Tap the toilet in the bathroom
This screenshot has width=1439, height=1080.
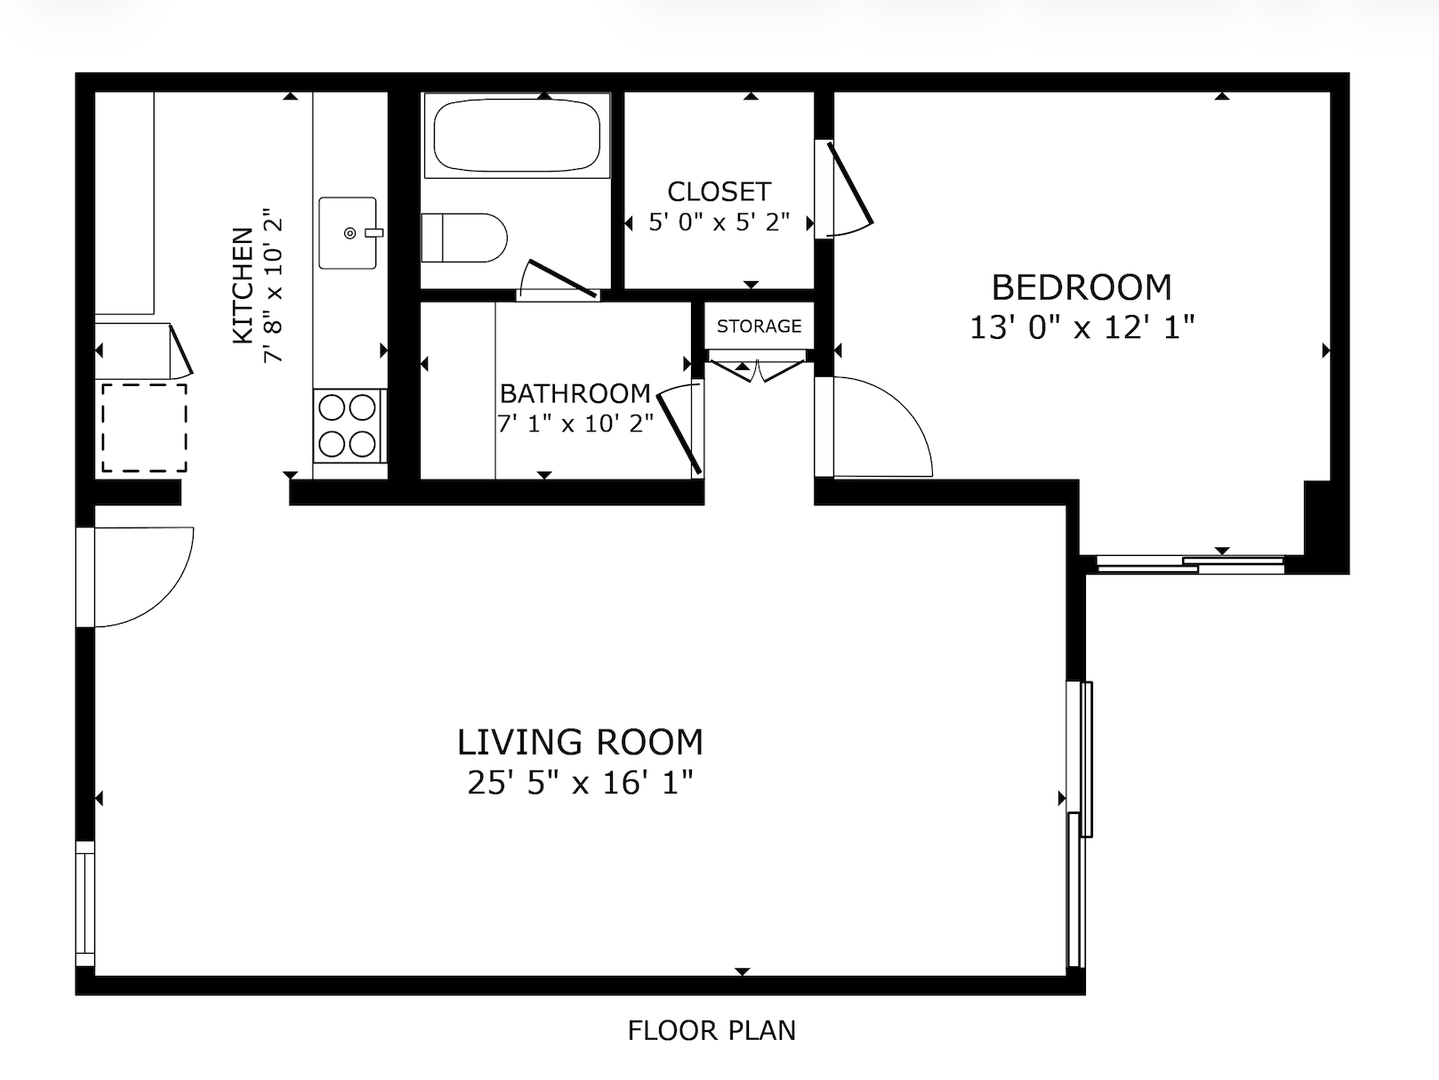pos(464,237)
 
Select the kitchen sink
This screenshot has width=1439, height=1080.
pos(349,233)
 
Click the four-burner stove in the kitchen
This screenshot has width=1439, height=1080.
pos(349,426)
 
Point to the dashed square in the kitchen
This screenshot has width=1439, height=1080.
pos(144,428)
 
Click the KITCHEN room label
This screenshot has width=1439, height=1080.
pos(243,285)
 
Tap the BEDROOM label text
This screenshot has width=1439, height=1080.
pos(1081,287)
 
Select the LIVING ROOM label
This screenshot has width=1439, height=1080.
pos(580,742)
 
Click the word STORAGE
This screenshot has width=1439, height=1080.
pos(759,326)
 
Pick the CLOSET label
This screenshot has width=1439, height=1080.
pos(719,191)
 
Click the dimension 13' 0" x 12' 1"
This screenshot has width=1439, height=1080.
pos(1082,327)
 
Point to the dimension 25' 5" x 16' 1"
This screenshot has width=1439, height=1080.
pos(580,782)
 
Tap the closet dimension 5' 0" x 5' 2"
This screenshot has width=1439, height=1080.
pos(719,222)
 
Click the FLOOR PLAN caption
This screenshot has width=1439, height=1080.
pos(712,1031)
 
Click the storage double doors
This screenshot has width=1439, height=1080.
pos(758,371)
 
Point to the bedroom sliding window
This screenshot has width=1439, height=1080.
pos(1191,564)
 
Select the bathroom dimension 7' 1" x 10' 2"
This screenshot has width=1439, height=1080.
pos(576,424)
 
